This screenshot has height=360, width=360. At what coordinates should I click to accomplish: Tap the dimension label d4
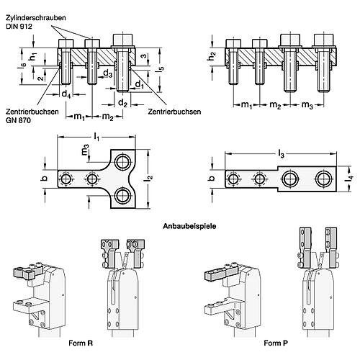66,94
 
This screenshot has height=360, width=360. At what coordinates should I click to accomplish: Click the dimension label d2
123,103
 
